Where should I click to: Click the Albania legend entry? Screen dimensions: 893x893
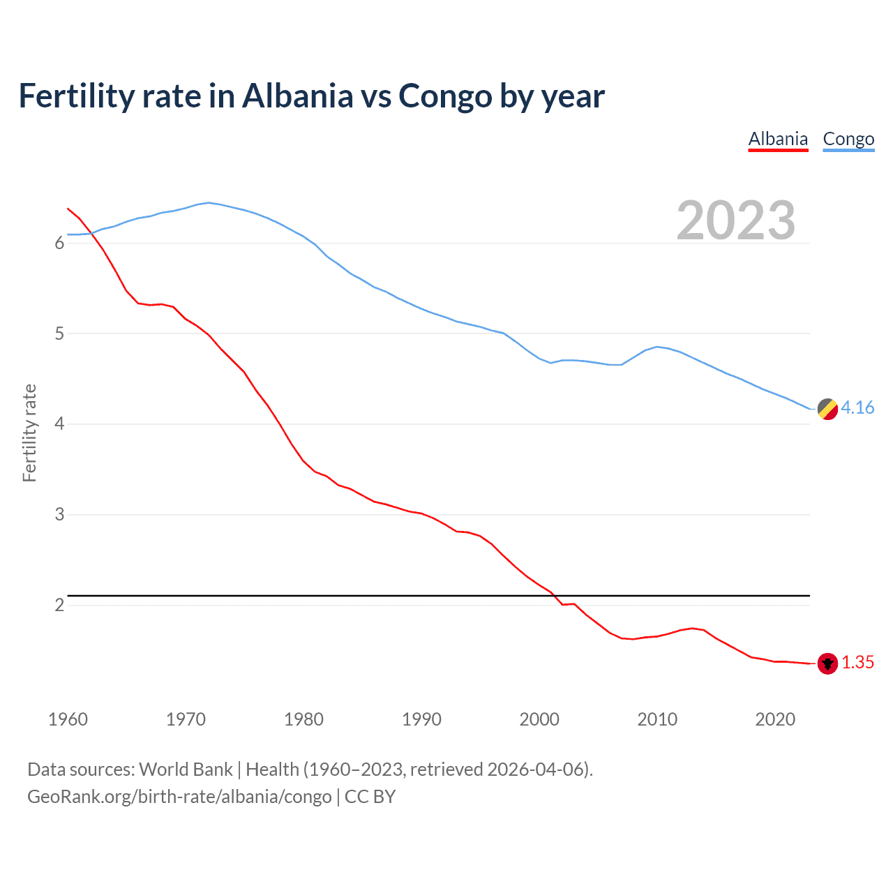pyautogui.click(x=778, y=139)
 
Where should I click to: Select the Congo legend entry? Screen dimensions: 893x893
pyautogui.click(x=848, y=139)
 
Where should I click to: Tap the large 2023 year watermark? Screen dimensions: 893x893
pyautogui.click(x=735, y=220)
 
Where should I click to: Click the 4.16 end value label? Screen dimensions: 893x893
pyautogui.click(x=857, y=408)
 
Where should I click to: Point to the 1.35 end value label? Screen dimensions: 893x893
pyautogui.click(x=857, y=663)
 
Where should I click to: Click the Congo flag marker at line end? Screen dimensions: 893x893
pyautogui.click(x=827, y=409)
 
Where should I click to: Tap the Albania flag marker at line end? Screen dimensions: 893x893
pyautogui.click(x=827, y=663)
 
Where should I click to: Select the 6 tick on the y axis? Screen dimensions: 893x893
pyautogui.click(x=59, y=243)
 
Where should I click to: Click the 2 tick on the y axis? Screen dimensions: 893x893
pyautogui.click(x=59, y=605)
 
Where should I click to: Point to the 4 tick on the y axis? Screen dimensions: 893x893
pyautogui.click(x=59, y=424)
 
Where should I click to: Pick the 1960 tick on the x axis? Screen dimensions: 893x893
pyautogui.click(x=68, y=719)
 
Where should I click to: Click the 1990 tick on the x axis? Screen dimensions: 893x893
pyautogui.click(x=421, y=719)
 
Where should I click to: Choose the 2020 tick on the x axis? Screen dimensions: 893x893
pyautogui.click(x=775, y=719)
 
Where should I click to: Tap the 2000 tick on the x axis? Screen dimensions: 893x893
pyautogui.click(x=539, y=719)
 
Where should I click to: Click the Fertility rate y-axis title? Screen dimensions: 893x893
pyautogui.click(x=29, y=433)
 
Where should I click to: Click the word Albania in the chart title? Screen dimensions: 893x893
pyautogui.click(x=298, y=96)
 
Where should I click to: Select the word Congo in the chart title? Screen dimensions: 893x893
pyautogui.click(x=444, y=96)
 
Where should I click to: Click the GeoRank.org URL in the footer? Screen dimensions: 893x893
pyautogui.click(x=179, y=796)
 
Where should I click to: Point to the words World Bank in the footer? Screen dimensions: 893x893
pyautogui.click(x=186, y=769)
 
